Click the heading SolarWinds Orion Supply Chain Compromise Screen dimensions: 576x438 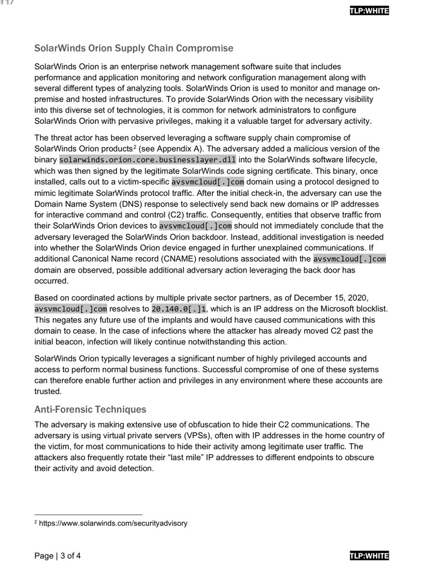[134, 48]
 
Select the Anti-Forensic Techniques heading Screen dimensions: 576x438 [90, 409]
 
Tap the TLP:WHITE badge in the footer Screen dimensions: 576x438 [369, 556]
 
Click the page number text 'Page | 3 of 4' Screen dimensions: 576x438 [57, 556]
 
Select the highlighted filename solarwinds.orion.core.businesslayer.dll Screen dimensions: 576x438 [148, 159]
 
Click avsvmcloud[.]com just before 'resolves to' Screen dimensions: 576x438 [71, 309]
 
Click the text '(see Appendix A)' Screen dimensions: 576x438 [163, 148]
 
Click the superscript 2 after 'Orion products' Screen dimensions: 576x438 [135, 146]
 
